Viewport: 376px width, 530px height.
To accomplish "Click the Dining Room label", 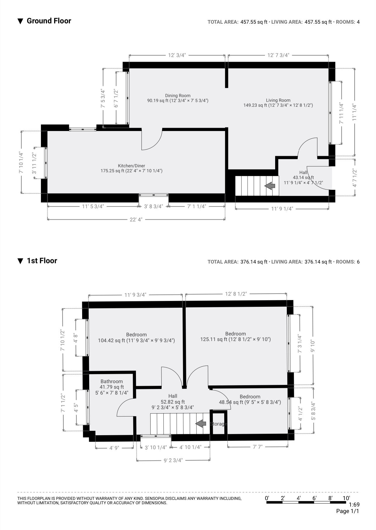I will pos(177,96).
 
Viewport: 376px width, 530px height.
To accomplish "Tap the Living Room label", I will pos(278,100).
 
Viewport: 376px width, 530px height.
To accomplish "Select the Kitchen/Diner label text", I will pos(132,166).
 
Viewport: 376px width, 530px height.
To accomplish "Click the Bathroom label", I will pos(112,381).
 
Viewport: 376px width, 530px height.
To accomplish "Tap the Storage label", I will pos(218,424).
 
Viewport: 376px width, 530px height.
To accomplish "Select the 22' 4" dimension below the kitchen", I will pos(136,219).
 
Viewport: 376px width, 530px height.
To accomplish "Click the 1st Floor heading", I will pos(42,261).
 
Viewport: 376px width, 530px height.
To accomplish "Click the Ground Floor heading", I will pos(49,21).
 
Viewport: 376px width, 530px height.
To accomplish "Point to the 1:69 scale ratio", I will pos(354,505).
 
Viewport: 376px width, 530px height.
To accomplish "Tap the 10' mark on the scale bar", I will pos(346,498).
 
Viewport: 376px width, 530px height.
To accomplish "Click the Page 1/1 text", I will pos(348,511).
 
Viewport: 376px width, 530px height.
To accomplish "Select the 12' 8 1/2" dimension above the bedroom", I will pos(236,294).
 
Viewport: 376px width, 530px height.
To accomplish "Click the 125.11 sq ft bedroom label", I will pos(235,337).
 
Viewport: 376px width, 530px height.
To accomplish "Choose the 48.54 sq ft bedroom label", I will pos(250,400).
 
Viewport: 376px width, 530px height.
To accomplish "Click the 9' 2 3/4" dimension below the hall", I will pos(173,460).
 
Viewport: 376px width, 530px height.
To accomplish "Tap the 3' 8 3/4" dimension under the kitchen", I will pos(153,207).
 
